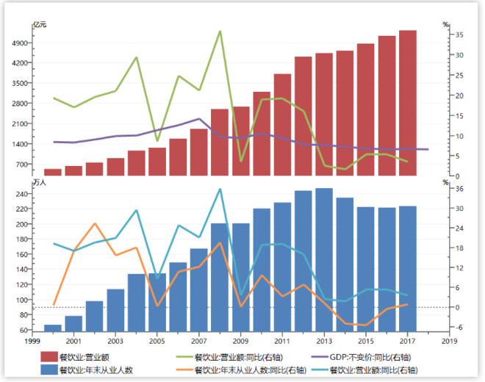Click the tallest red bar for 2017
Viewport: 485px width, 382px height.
pyautogui.click(x=408, y=103)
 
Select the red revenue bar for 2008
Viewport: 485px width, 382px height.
pyautogui.click(x=219, y=143)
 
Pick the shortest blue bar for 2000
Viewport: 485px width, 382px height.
pyautogui.click(x=53, y=328)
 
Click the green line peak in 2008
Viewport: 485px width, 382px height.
pyautogui.click(x=220, y=32)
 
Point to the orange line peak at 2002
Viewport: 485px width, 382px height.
pyautogui.click(x=94, y=223)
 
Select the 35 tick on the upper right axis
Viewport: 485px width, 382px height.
pyautogui.click(x=456, y=35)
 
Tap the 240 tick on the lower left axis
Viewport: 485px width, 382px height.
pyautogui.click(x=22, y=194)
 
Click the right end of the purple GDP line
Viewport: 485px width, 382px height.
pyautogui.click(x=428, y=149)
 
